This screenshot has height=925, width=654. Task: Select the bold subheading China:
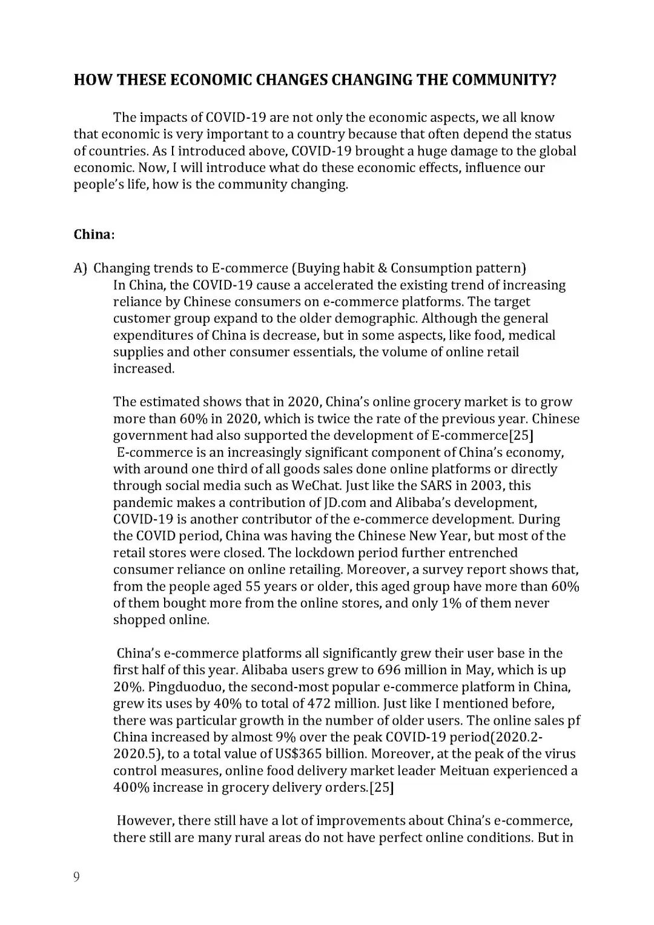click(94, 234)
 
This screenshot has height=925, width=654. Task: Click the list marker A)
click(81, 268)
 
